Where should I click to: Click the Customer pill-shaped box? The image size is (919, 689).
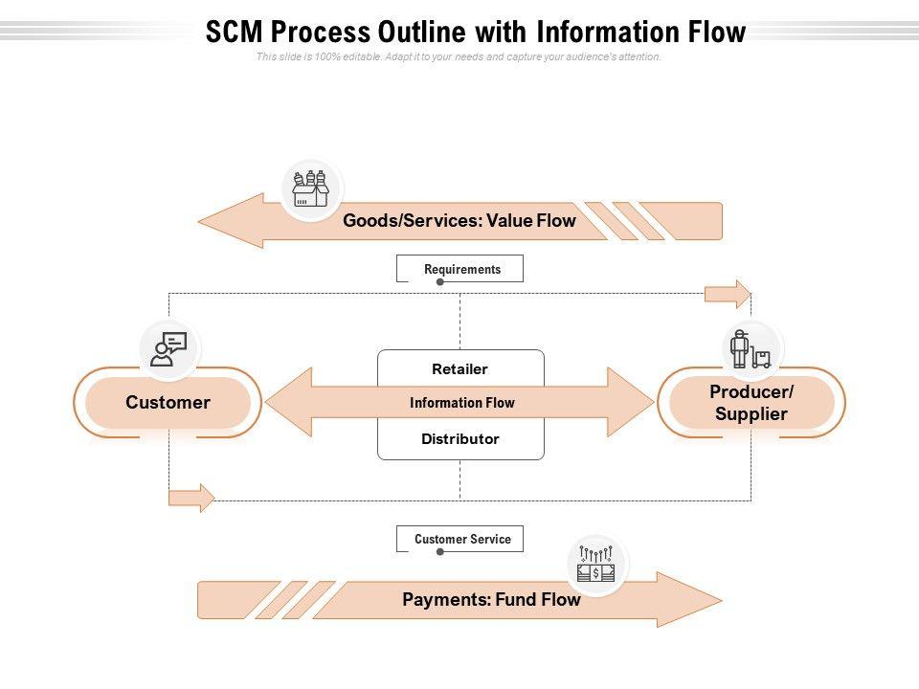pos(168,403)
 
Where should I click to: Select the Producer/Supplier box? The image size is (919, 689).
pos(751,403)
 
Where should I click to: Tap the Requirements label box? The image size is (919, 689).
pos(460,269)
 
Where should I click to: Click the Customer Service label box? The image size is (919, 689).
pos(460,539)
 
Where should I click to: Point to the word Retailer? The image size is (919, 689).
pos(460,369)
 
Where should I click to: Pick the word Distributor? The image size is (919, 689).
pos(460,439)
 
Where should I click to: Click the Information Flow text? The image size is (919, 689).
pos(462,403)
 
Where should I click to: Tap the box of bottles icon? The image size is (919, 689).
pos(311,189)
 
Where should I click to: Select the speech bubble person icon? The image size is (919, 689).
pos(168,348)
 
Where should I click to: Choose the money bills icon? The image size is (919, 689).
pos(596,565)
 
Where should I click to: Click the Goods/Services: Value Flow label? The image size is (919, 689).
pos(459,221)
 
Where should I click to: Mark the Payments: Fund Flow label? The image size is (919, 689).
pos(491,600)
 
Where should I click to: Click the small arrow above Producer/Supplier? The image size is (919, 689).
pos(728,294)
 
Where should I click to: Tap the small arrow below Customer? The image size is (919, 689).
pos(191,498)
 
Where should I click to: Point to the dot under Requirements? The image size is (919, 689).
pos(439,282)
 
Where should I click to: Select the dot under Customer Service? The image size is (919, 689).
pos(439,552)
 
